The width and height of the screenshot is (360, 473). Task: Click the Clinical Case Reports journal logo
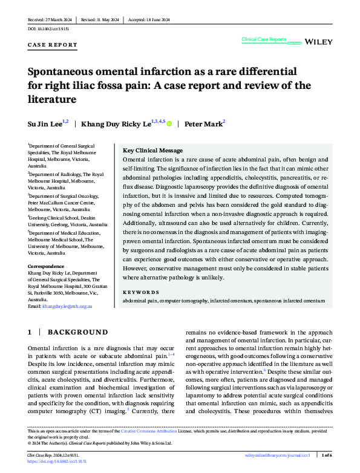[x=264, y=39]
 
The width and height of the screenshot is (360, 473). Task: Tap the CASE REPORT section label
[x=53, y=45]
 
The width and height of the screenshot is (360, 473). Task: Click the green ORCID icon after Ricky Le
[x=169, y=124]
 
